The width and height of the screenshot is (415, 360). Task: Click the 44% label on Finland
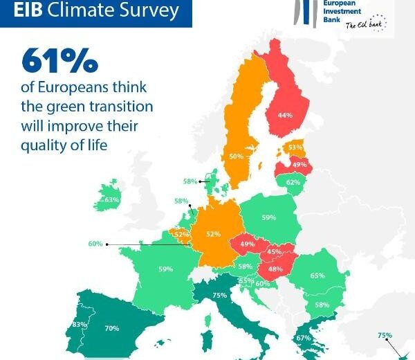(285, 115)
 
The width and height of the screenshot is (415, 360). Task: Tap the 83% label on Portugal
(80, 324)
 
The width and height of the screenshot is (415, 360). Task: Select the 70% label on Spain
(112, 328)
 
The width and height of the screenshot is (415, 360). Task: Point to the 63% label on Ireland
(112, 200)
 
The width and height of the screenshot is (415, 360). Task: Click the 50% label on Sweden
(236, 156)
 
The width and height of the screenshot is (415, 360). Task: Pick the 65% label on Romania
(317, 276)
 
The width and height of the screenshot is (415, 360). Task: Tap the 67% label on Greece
(304, 338)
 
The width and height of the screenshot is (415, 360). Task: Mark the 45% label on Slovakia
(274, 252)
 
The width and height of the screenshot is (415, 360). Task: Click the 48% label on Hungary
(275, 269)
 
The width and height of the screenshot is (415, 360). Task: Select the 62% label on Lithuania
(293, 182)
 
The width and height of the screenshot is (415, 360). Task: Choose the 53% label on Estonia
(295, 147)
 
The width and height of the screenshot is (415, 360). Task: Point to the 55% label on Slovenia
(246, 281)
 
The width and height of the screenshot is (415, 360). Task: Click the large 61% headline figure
(59, 60)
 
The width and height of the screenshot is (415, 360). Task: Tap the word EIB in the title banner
(28, 10)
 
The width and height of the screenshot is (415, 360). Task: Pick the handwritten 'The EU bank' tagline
(364, 25)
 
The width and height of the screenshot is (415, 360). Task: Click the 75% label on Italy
(220, 295)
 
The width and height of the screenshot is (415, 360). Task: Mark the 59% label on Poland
(269, 218)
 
